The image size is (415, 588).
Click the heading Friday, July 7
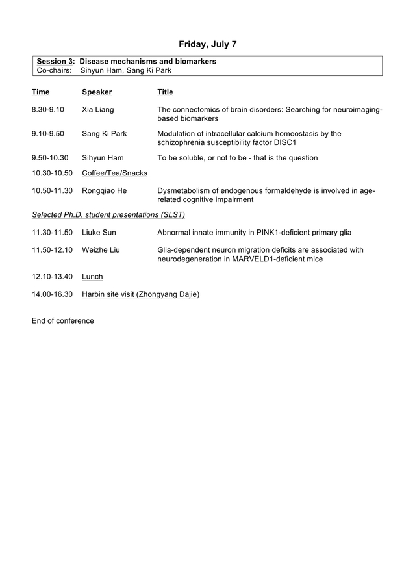point(207,44)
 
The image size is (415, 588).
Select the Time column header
point(40,92)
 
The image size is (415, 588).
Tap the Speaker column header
point(97,92)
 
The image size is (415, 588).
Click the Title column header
point(165,92)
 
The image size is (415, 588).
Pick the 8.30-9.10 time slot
point(48,110)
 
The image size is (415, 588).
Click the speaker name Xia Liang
point(97,110)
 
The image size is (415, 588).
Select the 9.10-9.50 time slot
point(48,134)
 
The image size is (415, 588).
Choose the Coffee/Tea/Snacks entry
point(114,173)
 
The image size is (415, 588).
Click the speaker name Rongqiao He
point(104,191)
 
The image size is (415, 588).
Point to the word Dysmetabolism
point(186,191)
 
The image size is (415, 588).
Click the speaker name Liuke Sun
point(99,232)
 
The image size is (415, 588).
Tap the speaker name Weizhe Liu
point(101,249)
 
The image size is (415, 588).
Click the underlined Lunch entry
point(92,277)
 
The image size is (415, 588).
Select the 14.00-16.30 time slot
point(52,294)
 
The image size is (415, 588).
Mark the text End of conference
point(62,321)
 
